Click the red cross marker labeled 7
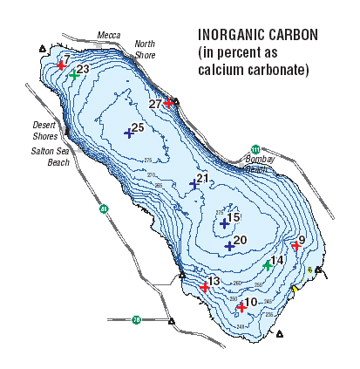pyautogui.click(x=61, y=65)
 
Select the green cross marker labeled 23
pyautogui.click(x=75, y=75)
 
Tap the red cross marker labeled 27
pyautogui.click(x=168, y=104)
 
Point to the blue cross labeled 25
pyautogui.click(x=128, y=133)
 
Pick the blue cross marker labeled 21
pyautogui.click(x=194, y=184)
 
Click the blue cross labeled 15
pyautogui.click(x=224, y=223)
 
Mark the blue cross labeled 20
pyautogui.click(x=229, y=246)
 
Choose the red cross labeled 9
pyautogui.click(x=295, y=246)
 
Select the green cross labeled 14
pyautogui.click(x=268, y=265)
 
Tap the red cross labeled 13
pyautogui.click(x=205, y=287)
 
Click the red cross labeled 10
pyautogui.click(x=241, y=307)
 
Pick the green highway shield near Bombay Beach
pyautogui.click(x=255, y=148)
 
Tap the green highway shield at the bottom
pyautogui.click(x=136, y=319)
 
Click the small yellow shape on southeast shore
pyautogui.click(x=295, y=289)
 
